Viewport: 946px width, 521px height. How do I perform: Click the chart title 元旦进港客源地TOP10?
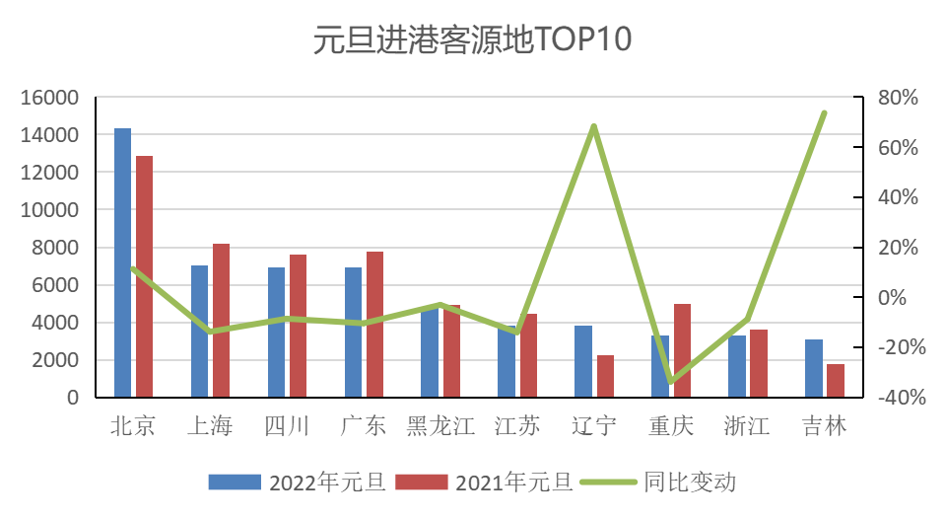472,40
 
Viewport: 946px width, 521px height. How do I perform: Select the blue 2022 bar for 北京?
122,261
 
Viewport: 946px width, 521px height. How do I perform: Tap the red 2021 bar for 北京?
144,276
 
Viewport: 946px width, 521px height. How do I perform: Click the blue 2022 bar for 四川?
276,332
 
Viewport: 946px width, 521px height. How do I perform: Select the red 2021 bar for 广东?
374,324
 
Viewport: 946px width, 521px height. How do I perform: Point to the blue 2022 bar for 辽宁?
583,361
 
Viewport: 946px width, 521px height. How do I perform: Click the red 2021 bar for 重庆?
682,350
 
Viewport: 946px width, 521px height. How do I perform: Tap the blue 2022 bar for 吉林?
813,368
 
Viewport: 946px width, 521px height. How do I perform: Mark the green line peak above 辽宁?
594,126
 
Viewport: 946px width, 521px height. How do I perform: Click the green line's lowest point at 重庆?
671,381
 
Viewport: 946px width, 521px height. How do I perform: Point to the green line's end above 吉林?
824,112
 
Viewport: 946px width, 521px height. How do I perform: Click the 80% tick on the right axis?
898,97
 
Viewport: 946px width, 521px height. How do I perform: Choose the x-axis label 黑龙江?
440,426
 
